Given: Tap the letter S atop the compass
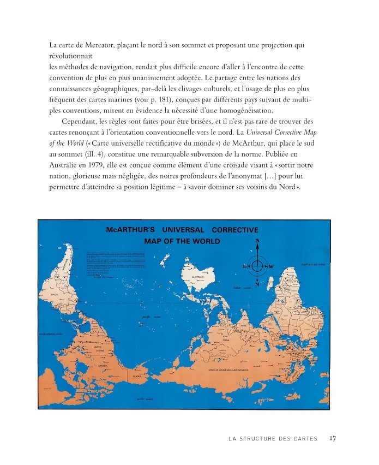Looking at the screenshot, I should (257, 242).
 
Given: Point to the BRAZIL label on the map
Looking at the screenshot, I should (55, 295).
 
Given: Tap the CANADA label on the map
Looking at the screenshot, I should (103, 365).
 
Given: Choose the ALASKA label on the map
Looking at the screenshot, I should (137, 376).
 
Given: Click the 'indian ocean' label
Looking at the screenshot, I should (241, 287).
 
